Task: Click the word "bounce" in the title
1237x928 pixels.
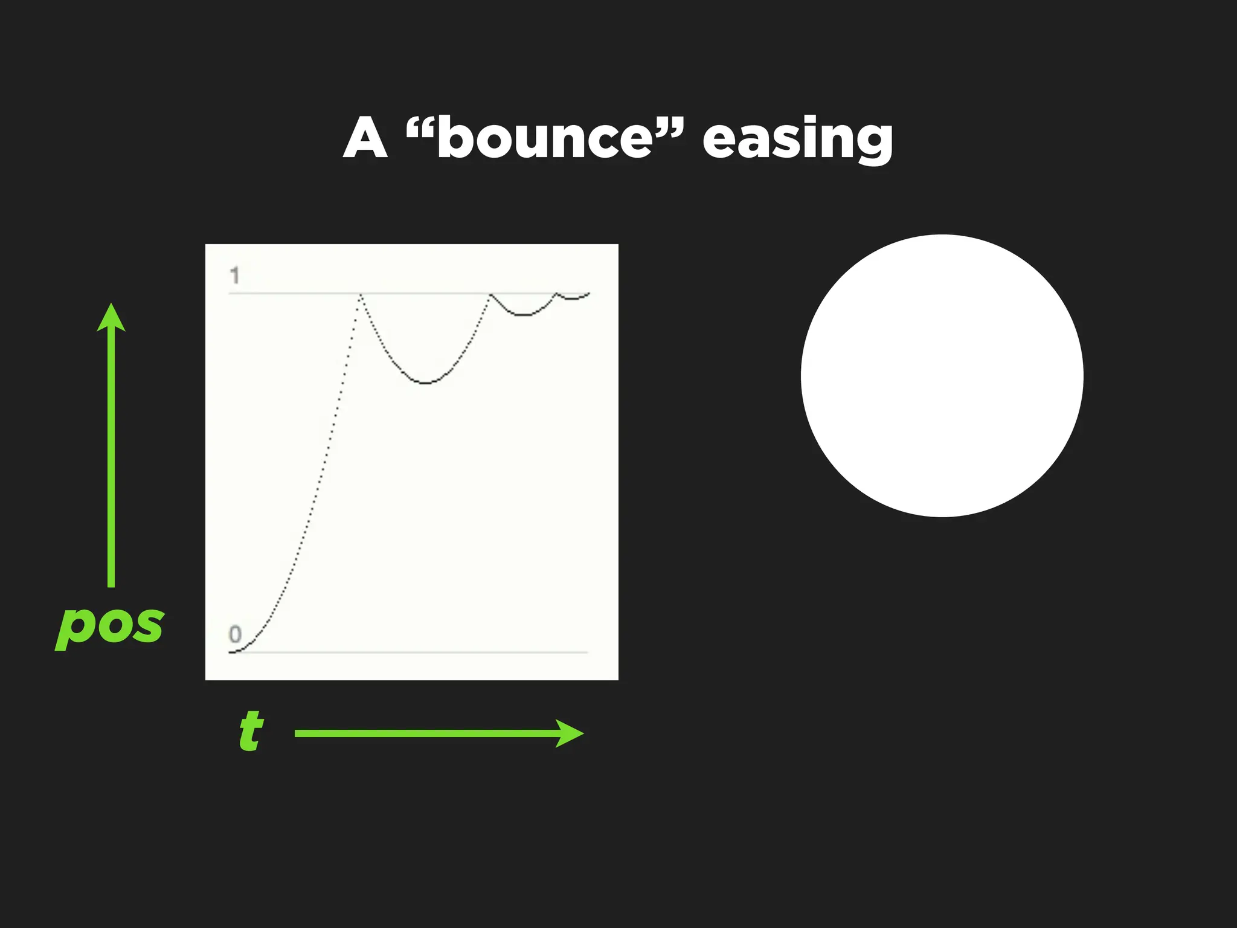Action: coord(545,138)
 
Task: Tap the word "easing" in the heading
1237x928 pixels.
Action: coord(797,140)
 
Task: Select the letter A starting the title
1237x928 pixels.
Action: coord(365,138)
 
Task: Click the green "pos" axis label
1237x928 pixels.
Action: coord(109,626)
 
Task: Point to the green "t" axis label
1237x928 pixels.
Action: coord(251,730)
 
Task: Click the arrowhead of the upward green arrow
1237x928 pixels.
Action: coord(111,317)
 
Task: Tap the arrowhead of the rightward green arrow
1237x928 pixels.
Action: coord(569,733)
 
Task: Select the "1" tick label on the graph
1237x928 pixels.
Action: coord(235,276)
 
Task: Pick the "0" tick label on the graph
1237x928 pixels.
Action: coord(235,634)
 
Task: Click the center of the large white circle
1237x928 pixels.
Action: coord(942,376)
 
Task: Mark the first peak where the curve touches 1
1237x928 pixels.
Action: coord(361,294)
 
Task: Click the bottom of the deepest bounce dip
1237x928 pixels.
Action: coord(426,382)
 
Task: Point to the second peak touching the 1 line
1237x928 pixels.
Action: coord(490,294)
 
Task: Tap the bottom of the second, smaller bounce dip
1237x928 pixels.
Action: coord(523,315)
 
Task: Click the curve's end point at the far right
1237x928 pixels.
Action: coord(588,294)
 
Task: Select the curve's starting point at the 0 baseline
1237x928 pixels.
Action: coord(231,652)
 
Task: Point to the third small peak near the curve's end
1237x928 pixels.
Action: coord(556,294)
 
